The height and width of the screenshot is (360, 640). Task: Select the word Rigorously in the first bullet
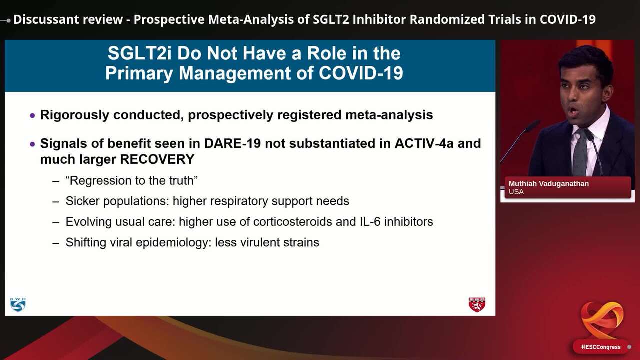[75, 115]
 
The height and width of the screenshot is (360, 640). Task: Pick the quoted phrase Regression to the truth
[132, 180]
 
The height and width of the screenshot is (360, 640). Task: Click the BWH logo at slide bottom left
[18, 304]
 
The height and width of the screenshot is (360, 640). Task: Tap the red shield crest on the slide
[477, 304]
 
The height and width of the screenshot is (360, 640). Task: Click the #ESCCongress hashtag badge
[600, 347]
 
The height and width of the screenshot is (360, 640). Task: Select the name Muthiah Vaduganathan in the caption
[549, 184]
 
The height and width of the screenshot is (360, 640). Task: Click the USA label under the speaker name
[516, 192]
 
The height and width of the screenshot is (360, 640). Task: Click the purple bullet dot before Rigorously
[33, 115]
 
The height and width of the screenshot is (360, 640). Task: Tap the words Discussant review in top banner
[68, 19]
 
